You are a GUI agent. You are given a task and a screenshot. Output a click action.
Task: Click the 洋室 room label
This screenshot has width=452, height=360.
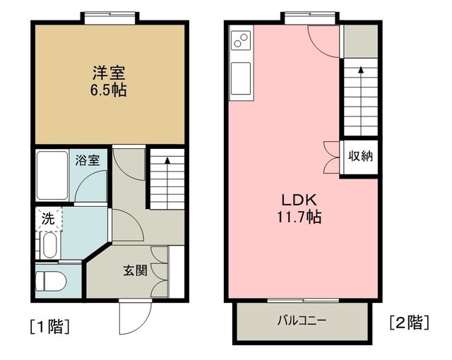click(x=108, y=72)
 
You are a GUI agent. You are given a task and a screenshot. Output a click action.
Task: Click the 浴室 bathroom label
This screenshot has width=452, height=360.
click(x=88, y=160)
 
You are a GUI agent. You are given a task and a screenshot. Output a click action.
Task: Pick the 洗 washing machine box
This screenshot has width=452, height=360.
click(x=48, y=219)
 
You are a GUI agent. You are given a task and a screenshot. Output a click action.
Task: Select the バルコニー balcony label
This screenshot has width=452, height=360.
click(x=301, y=320)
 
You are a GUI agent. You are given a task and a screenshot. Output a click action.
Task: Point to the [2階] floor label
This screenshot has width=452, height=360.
click(x=409, y=323)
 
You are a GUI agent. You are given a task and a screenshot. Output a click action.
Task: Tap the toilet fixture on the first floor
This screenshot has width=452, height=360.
click(x=52, y=281)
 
